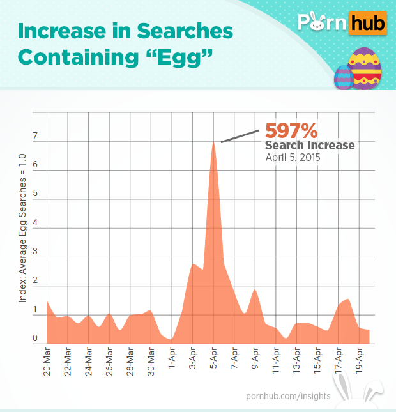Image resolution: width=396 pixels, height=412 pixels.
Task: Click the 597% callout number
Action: pos(291,130)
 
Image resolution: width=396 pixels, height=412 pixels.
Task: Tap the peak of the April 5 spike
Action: pos(213,142)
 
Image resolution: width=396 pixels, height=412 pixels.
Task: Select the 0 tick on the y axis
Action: pos(36,339)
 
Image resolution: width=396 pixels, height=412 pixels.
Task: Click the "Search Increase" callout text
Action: pos(309,146)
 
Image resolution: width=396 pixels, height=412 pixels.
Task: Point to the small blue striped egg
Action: pos(343,78)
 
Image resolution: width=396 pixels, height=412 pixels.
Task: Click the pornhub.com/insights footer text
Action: pos(288,396)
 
